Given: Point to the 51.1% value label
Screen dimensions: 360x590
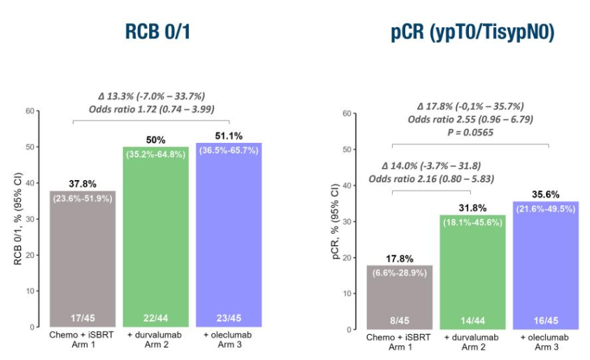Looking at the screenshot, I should [x=230, y=135].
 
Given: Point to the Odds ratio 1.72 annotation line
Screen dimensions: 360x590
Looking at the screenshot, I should [x=151, y=109].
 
